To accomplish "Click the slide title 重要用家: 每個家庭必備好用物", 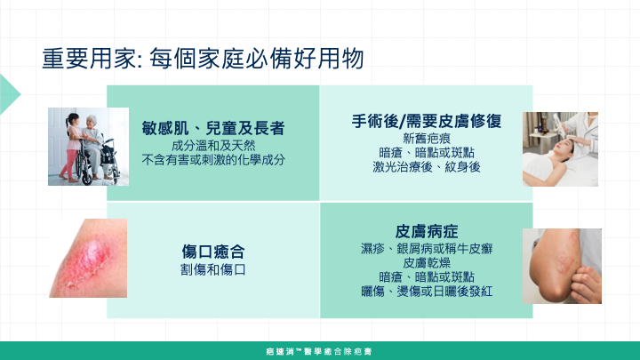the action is pos(203,59).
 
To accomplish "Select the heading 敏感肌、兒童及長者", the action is pos(213,128).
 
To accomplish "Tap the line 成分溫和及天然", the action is pos(213,146).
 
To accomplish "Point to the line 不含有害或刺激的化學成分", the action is pos(213,160).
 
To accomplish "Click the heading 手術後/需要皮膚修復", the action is pos(427,121).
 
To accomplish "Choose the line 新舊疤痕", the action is pos(427,139).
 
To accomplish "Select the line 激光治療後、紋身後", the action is pos(427,166).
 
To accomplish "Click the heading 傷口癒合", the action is pos(213,252).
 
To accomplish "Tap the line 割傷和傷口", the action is pos(213,269).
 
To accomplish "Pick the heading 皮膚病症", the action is pos(427,231).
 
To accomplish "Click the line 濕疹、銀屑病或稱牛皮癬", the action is pos(427,249).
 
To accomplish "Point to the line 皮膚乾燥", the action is pos(427,263).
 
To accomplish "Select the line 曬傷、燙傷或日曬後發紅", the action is pos(427,291).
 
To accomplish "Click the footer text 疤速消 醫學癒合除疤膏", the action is pos(319,351).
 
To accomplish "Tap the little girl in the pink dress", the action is pos(73,146).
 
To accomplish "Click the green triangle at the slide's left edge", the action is pos(9,94).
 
